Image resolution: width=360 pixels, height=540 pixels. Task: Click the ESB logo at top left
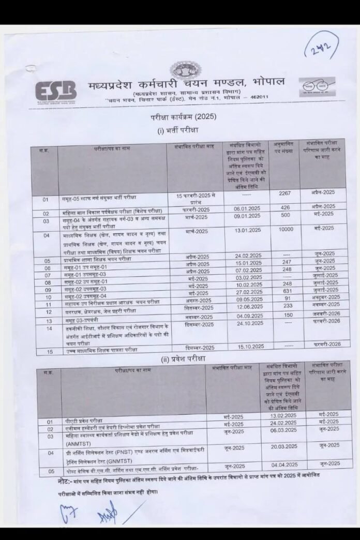pyautogui.click(x=55, y=91)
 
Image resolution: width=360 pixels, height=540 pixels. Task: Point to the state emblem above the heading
pyautogui.click(x=186, y=69)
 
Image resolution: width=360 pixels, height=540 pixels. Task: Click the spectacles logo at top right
pyautogui.click(x=317, y=86)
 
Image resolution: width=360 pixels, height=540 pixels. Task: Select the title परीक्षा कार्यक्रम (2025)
pyautogui.click(x=179, y=117)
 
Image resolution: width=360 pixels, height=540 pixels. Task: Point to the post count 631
pyautogui.click(x=286, y=290)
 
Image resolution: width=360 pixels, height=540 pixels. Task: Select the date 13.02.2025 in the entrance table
pyautogui.click(x=283, y=416)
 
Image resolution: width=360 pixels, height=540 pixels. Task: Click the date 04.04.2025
pyautogui.click(x=283, y=464)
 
